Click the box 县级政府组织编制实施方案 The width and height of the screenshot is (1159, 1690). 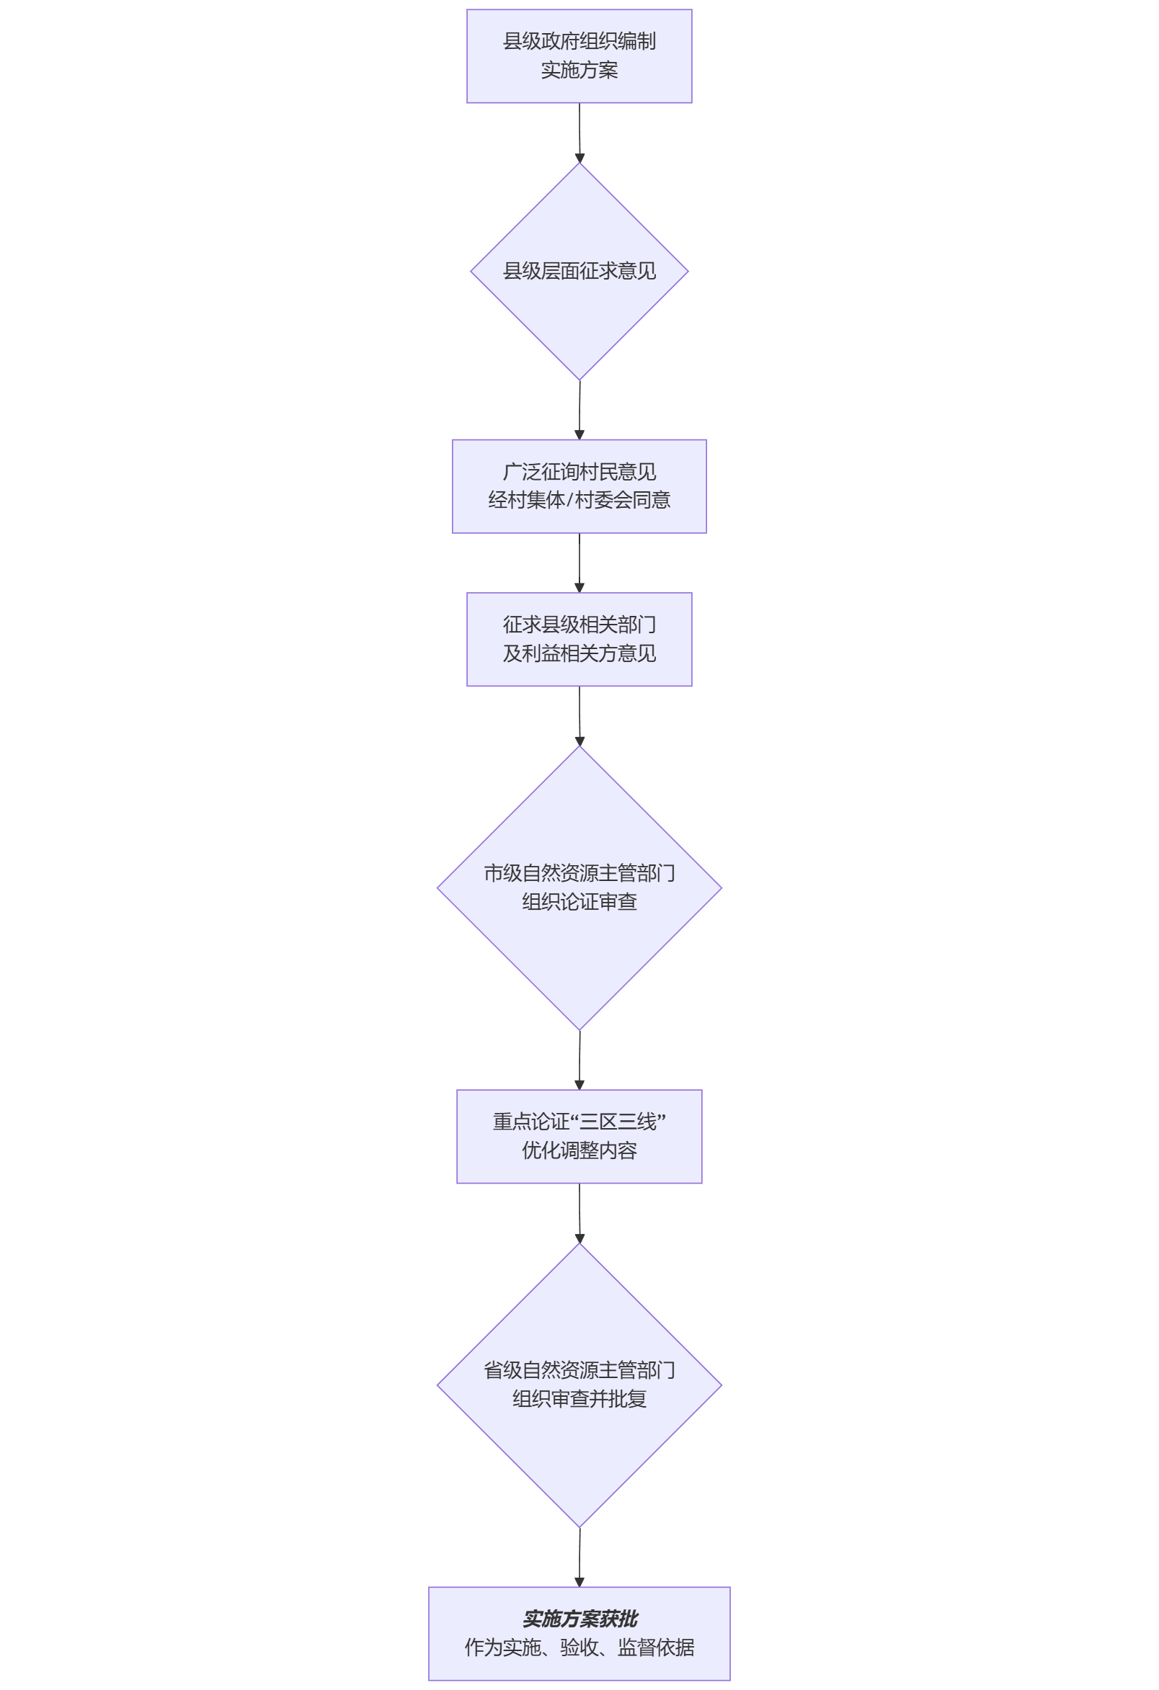point(579,56)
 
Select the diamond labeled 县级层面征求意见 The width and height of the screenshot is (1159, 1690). point(579,272)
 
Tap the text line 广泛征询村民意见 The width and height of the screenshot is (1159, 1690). point(579,472)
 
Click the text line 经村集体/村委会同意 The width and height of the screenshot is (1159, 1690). point(579,501)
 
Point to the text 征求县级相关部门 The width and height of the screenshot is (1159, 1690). point(579,625)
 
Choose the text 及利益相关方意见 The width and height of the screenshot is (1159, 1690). point(579,654)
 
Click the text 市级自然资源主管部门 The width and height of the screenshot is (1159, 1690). point(579,873)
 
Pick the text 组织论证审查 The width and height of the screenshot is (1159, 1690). point(579,903)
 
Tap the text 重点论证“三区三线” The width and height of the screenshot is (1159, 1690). point(579,1122)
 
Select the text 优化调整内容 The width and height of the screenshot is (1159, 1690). point(579,1150)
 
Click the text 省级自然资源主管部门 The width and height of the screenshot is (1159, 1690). point(579,1371)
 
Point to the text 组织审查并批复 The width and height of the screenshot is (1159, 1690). point(579,1399)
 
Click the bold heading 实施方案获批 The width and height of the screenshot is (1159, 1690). point(579,1619)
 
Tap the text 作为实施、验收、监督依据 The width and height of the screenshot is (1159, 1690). point(579,1647)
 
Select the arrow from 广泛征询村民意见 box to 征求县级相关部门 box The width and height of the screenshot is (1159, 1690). point(579,563)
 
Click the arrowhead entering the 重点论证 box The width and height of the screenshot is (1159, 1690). point(579,1085)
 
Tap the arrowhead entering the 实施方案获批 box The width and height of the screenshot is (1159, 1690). point(579,1583)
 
